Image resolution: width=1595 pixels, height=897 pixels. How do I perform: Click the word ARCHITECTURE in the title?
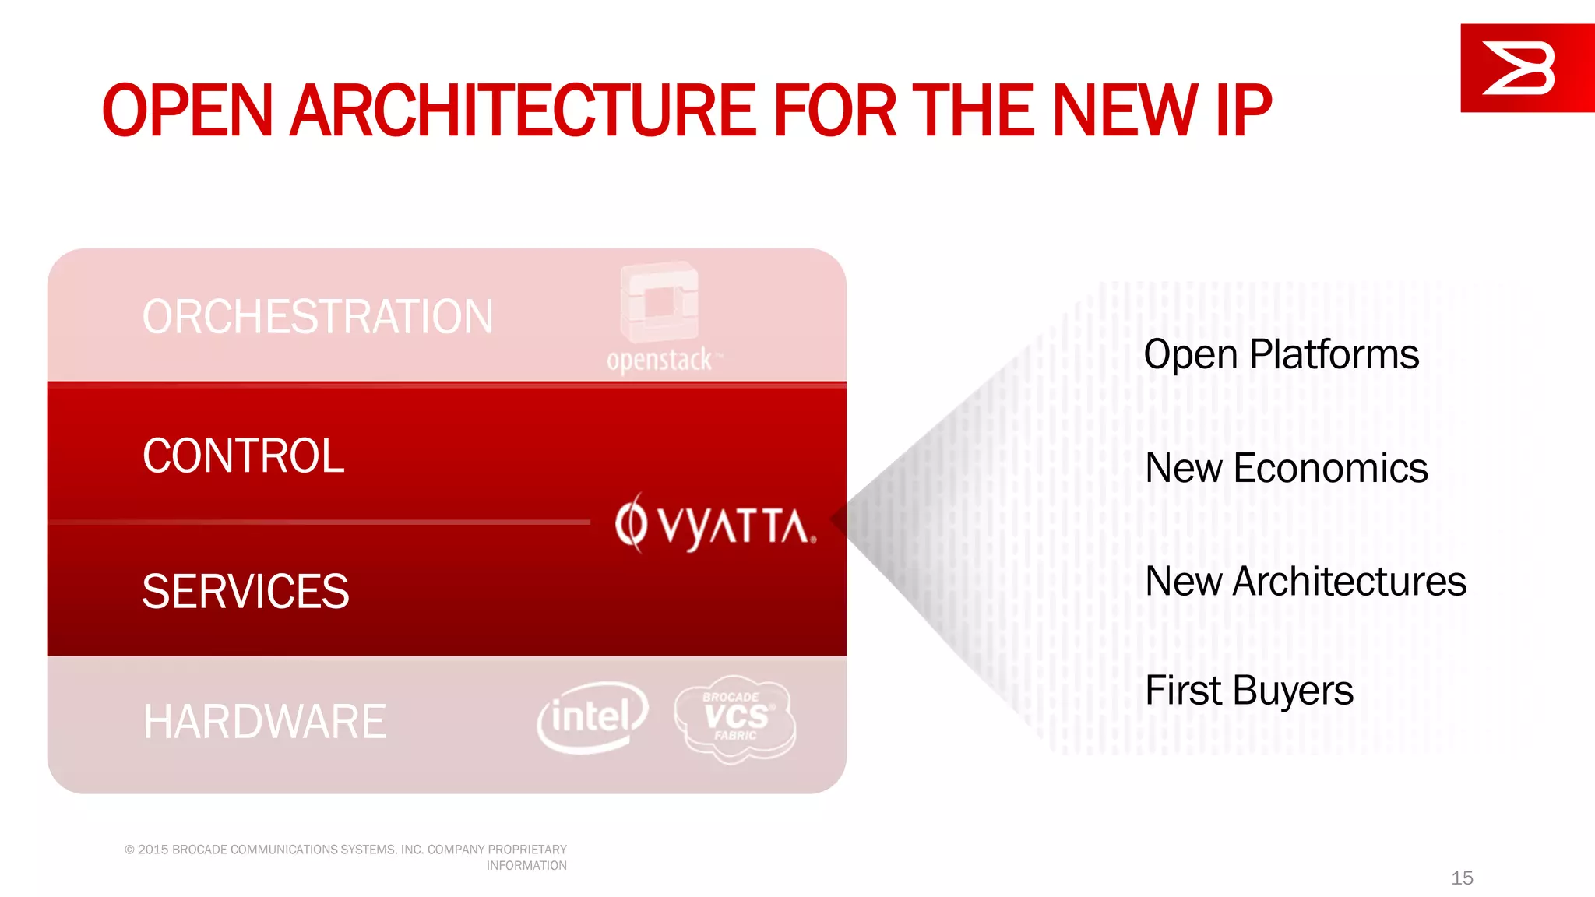coord(522,111)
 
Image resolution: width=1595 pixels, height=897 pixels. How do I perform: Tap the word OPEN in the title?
coord(187,111)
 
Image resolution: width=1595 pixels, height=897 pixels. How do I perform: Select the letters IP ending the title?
coord(1241,111)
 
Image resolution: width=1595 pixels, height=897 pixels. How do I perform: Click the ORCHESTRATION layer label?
coord(318,317)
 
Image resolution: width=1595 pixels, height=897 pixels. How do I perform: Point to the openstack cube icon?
coord(660,302)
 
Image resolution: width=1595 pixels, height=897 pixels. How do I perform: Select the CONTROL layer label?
coord(243,456)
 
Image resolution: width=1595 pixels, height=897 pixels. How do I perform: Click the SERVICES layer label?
coord(245,592)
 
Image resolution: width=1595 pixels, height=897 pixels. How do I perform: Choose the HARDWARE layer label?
coord(265,722)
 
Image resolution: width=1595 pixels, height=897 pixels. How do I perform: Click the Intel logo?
coord(592,717)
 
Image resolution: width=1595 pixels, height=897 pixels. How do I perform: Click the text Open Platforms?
coord(1281,355)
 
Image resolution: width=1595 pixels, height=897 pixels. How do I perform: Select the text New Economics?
coord(1286,469)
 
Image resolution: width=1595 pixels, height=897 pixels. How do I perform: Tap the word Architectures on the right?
coord(1349,582)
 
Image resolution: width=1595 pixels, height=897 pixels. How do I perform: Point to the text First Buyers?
coord(1249,691)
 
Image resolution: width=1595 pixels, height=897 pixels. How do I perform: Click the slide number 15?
coord(1462,878)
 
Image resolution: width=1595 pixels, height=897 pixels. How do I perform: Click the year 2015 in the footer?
coord(153,850)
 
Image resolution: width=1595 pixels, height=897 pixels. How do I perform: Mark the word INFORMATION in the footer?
coord(526,866)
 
